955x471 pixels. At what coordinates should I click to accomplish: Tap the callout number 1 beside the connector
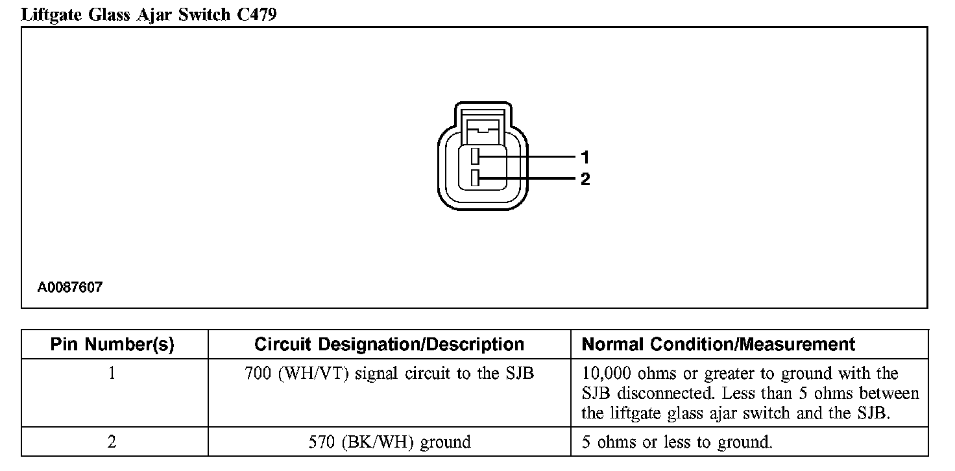[585, 157]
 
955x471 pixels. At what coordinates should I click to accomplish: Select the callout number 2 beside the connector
[585, 178]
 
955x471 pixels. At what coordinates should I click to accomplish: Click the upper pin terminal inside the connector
[476, 156]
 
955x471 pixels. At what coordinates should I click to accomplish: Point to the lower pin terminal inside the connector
[476, 178]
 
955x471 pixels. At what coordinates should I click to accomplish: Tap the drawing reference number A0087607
[69, 287]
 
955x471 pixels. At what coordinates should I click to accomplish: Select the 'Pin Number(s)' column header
[112, 344]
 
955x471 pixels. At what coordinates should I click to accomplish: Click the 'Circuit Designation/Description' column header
[389, 344]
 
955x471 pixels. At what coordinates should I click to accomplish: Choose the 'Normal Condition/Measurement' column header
[718, 344]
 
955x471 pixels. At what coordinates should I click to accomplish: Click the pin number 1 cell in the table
[112, 374]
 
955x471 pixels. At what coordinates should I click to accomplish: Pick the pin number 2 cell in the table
[112, 442]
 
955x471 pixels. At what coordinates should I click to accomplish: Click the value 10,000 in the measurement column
[607, 374]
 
